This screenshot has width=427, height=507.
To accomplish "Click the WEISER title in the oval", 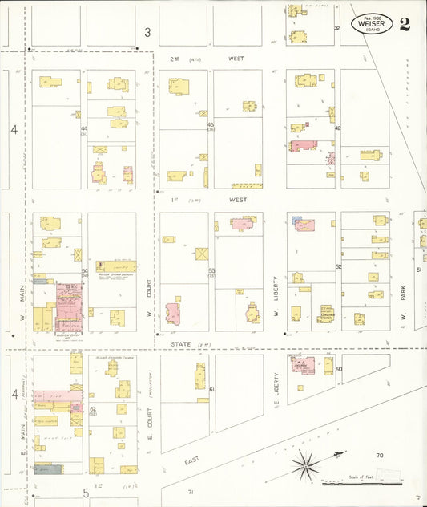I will click(372, 24).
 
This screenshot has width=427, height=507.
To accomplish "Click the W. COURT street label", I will click(150, 301).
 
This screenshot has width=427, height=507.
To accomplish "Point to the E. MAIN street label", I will click(19, 453).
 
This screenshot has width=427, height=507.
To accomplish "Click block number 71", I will click(191, 491).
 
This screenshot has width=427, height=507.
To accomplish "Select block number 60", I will click(339, 369).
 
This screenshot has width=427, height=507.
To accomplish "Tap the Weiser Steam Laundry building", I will click(114, 267).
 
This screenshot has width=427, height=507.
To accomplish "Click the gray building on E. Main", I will click(47, 468).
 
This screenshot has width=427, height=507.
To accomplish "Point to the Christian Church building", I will click(325, 313).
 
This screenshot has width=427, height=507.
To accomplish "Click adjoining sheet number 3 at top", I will click(147, 32).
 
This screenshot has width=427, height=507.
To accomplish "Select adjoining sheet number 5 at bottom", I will click(84, 492).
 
